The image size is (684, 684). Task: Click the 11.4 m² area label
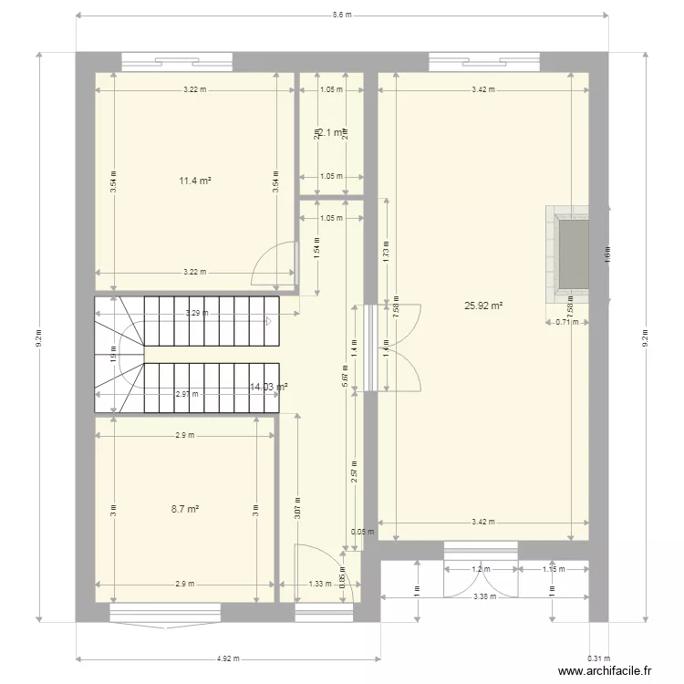[195, 181]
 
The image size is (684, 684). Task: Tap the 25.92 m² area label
[484, 306]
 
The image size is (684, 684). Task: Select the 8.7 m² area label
[185, 510]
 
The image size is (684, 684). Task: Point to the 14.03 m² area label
[269, 388]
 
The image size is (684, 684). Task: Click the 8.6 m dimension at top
[342, 16]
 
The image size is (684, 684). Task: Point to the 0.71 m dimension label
[567, 322]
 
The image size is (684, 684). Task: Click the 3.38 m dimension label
[484, 597]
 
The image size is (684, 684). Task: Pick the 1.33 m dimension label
[319, 585]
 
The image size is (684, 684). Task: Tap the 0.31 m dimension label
[598, 658]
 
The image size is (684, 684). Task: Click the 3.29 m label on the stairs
[196, 313]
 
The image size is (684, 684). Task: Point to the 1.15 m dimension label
[553, 569]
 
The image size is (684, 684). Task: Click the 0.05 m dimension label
[362, 533]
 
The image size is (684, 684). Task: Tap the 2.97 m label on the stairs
[186, 395]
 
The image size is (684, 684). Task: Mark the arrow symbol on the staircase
[268, 321]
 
